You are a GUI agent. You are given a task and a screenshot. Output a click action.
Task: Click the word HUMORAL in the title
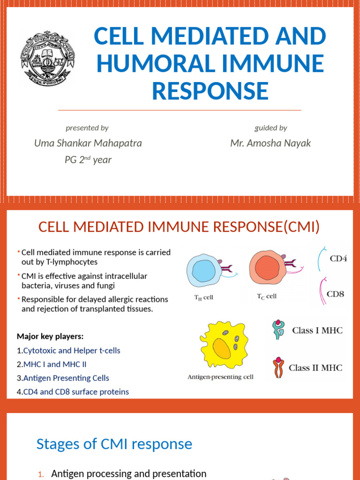point(157,64)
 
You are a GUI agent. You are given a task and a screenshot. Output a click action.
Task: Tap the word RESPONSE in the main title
point(210,91)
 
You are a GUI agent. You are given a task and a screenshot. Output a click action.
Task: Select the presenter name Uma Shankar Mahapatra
point(88,143)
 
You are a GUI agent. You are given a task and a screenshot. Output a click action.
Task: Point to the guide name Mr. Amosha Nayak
point(270,143)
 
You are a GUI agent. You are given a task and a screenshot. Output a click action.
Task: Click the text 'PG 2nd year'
point(88,160)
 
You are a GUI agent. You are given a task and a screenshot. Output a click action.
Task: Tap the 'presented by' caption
point(87,127)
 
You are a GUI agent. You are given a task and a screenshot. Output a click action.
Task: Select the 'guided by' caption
point(270,127)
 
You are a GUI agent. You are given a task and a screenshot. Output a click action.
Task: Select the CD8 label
point(336,294)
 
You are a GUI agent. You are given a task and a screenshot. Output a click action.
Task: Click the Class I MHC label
point(317,330)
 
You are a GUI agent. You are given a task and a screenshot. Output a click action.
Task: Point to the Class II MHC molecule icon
point(278,367)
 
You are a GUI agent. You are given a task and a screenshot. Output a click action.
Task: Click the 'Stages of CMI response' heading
point(114,444)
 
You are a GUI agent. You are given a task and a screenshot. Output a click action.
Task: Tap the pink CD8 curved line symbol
point(323,292)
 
